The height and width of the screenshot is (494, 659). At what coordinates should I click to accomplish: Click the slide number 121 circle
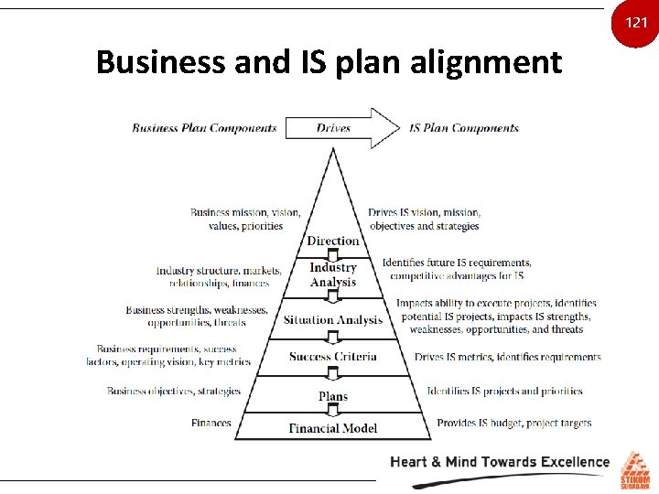click(636, 21)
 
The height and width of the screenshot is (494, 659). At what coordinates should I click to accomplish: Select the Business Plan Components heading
click(204, 128)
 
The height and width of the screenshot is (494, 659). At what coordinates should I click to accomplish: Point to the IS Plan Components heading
click(464, 128)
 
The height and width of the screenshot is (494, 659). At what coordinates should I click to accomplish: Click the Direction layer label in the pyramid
click(333, 242)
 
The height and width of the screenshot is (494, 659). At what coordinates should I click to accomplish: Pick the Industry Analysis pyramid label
click(333, 274)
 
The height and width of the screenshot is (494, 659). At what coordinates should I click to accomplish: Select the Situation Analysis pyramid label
click(333, 320)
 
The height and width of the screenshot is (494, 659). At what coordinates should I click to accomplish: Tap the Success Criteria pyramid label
click(333, 357)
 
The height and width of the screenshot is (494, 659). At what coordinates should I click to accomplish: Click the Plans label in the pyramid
click(333, 396)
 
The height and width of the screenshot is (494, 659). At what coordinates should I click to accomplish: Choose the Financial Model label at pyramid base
click(333, 428)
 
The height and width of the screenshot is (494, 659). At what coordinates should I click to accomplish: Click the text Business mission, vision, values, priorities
click(244, 219)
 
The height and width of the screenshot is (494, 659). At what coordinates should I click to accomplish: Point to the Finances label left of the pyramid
click(211, 424)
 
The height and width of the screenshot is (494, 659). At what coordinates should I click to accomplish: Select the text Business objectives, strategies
click(174, 392)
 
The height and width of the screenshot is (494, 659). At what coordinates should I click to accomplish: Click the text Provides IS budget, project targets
click(514, 424)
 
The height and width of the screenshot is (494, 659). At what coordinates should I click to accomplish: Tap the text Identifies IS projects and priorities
click(504, 392)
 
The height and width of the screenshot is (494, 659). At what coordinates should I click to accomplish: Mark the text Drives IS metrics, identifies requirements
click(507, 357)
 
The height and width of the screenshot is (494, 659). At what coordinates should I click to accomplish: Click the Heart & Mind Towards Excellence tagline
click(500, 462)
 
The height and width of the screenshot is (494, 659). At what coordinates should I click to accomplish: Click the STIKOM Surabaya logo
click(636, 470)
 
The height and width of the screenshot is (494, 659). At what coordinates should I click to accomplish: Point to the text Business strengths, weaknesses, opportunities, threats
click(197, 317)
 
